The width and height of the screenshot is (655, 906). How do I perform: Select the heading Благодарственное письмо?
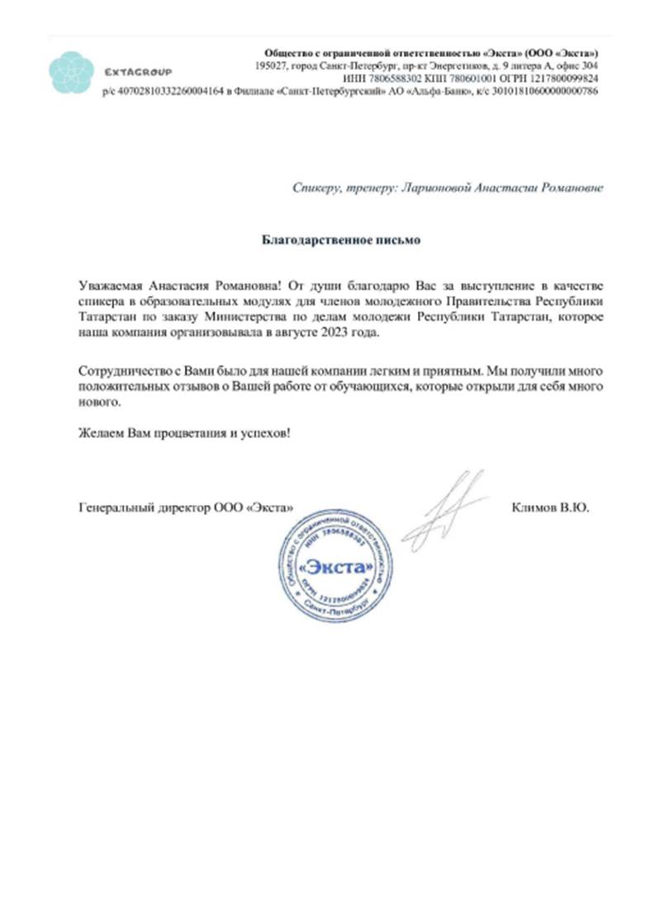click(341, 240)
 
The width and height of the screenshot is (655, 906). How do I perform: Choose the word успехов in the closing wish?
click(263, 432)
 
